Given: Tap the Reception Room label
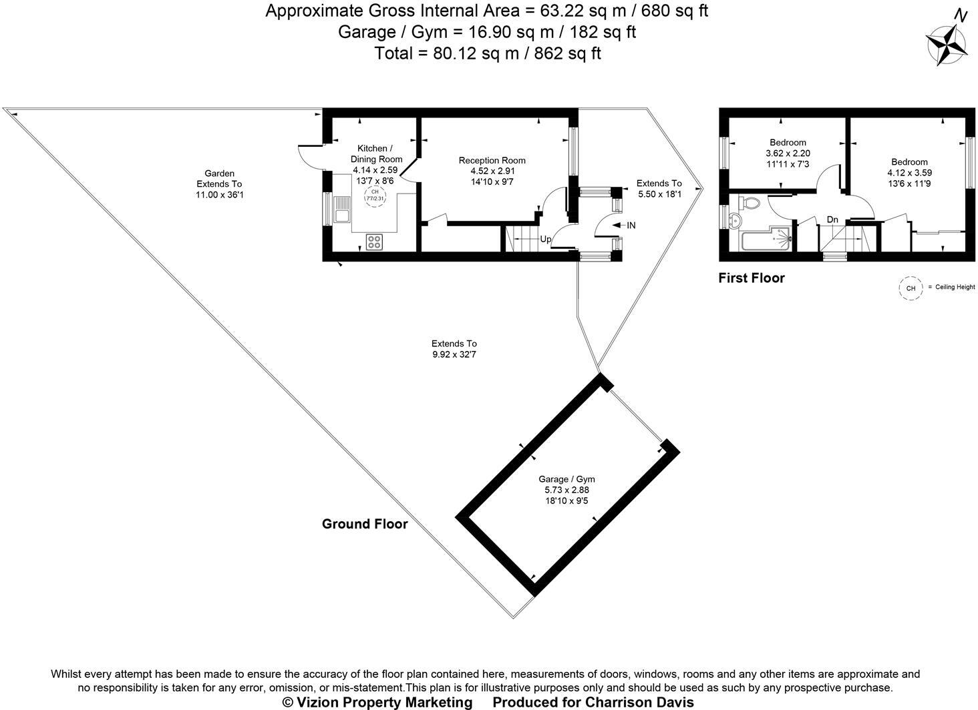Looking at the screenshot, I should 492,160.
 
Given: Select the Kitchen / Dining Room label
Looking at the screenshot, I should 375,153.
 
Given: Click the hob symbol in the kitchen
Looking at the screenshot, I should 374,241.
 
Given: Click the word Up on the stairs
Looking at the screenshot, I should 545,239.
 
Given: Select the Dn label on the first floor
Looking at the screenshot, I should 832,220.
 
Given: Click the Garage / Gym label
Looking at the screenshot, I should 566,479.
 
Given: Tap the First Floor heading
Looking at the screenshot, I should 751,278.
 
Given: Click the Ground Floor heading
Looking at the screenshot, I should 364,524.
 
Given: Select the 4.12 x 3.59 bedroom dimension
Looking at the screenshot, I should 909,172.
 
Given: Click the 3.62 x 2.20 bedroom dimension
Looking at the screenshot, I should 788,153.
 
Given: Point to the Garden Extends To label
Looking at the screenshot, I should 219,184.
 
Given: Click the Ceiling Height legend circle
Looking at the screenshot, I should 909,288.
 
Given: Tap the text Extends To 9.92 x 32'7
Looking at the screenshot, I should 454,349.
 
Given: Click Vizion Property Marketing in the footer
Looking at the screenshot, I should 377,702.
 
